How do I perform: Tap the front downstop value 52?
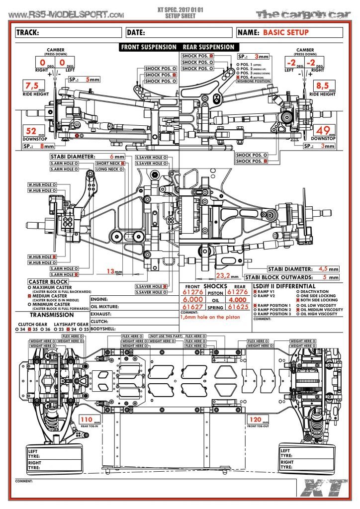(x=32, y=131)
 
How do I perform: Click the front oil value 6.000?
(x=193, y=300)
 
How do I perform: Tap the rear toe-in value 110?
(x=87, y=420)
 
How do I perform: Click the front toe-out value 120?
(x=256, y=419)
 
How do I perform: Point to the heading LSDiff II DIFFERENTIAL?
(x=284, y=286)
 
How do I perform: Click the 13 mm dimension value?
(x=111, y=271)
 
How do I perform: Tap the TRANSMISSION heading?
(x=52, y=315)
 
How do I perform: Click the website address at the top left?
(x=67, y=15)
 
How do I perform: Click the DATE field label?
(x=136, y=33)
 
